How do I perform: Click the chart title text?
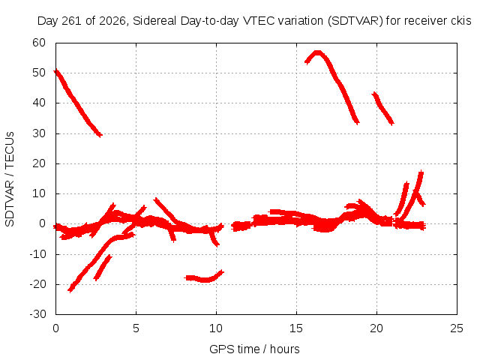pyautogui.click(x=254, y=21)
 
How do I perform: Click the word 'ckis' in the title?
pyautogui.click(x=461, y=21)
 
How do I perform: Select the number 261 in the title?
pyautogui.click(x=72, y=21)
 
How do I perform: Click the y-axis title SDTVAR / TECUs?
pyautogui.click(x=10, y=179)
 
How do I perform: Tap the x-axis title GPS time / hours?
pyautogui.click(x=254, y=349)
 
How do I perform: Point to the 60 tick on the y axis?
pyautogui.click(x=39, y=43)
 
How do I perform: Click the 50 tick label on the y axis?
pyautogui.click(x=39, y=73)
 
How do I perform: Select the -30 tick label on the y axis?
pyautogui.click(x=37, y=313)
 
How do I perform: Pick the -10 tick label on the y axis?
pyautogui.click(x=37, y=253)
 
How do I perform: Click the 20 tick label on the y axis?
pyautogui.click(x=39, y=163)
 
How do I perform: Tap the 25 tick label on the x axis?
pyautogui.click(x=457, y=328)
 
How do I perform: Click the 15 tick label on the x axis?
pyautogui.click(x=296, y=328)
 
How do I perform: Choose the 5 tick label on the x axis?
pyautogui.click(x=136, y=328)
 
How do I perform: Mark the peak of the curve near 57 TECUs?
pyautogui.click(x=318, y=52)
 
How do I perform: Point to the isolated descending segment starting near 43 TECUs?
pyautogui.click(x=382, y=109)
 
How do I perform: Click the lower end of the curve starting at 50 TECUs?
pyautogui.click(x=100, y=135)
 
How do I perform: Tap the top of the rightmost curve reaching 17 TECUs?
pyautogui.click(x=421, y=172)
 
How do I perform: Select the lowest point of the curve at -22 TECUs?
pyautogui.click(x=70, y=289)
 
